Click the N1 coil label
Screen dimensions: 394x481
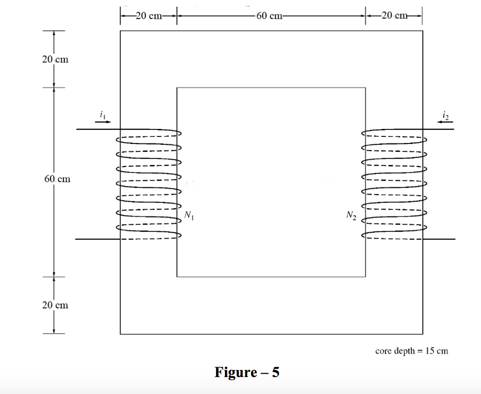point(189,216)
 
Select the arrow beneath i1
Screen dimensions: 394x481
point(103,121)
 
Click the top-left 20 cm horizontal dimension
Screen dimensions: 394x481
point(148,16)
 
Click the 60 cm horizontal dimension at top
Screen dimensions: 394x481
point(270,16)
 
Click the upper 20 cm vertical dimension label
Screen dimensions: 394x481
point(54,60)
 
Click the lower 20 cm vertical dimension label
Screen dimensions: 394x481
point(55,305)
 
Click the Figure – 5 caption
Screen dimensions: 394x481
point(247,372)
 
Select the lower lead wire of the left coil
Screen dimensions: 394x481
point(98,239)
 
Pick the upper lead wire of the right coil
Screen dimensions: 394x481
point(439,129)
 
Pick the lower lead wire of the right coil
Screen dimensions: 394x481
point(439,239)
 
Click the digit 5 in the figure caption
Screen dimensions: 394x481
point(275,372)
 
